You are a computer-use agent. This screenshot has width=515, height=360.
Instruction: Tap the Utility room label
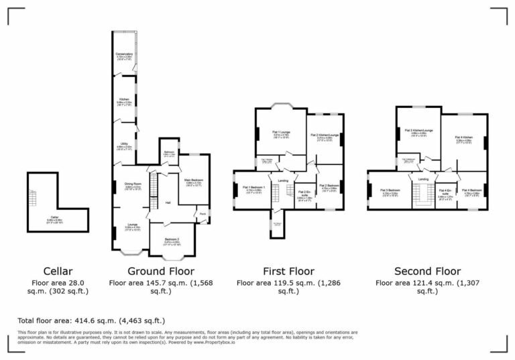pos(124,143)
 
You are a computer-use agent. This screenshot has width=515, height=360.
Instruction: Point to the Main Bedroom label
pos(194,180)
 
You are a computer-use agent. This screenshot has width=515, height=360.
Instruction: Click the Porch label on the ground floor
pos(203,215)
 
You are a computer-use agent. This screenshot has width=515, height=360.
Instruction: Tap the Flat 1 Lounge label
pos(280,133)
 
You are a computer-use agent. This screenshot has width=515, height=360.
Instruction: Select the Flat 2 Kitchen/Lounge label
pos(325,135)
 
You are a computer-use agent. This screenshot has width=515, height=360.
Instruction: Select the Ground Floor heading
pos(161,272)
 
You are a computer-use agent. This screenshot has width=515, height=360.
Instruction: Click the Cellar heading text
pos(58,272)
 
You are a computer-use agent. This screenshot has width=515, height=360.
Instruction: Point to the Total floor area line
pos(91,321)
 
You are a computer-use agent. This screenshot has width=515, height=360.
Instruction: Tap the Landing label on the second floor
pos(423,180)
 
